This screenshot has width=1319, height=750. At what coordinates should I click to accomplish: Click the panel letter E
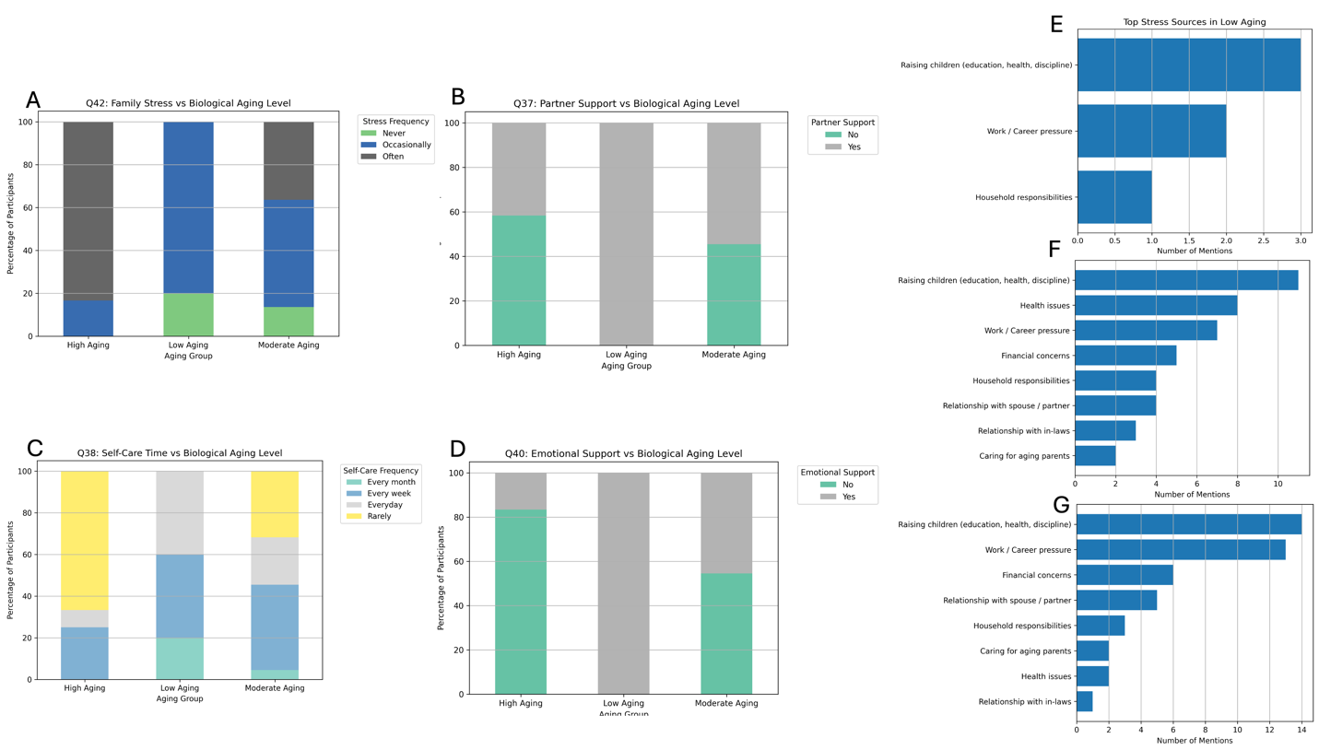click(x=1056, y=25)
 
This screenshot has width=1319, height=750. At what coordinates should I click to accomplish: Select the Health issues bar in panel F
click(x=1156, y=305)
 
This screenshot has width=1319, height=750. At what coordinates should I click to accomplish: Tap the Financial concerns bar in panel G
click(x=1125, y=575)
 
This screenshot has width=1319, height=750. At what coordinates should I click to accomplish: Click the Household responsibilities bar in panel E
click(x=1114, y=197)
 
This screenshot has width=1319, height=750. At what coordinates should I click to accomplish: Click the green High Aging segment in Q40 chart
click(x=521, y=601)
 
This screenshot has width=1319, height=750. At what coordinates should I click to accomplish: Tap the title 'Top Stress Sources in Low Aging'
click(x=1194, y=22)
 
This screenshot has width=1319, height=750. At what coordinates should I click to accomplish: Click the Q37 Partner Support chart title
click(x=626, y=103)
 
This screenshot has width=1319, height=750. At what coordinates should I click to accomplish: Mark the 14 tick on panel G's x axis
click(x=1301, y=731)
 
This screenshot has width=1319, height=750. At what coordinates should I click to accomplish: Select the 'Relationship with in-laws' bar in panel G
click(x=1085, y=701)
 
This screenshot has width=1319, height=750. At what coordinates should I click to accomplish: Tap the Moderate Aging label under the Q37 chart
click(x=734, y=355)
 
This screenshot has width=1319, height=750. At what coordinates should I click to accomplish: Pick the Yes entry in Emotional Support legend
click(x=848, y=497)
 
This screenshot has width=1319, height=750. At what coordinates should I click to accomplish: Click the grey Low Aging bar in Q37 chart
click(x=626, y=234)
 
